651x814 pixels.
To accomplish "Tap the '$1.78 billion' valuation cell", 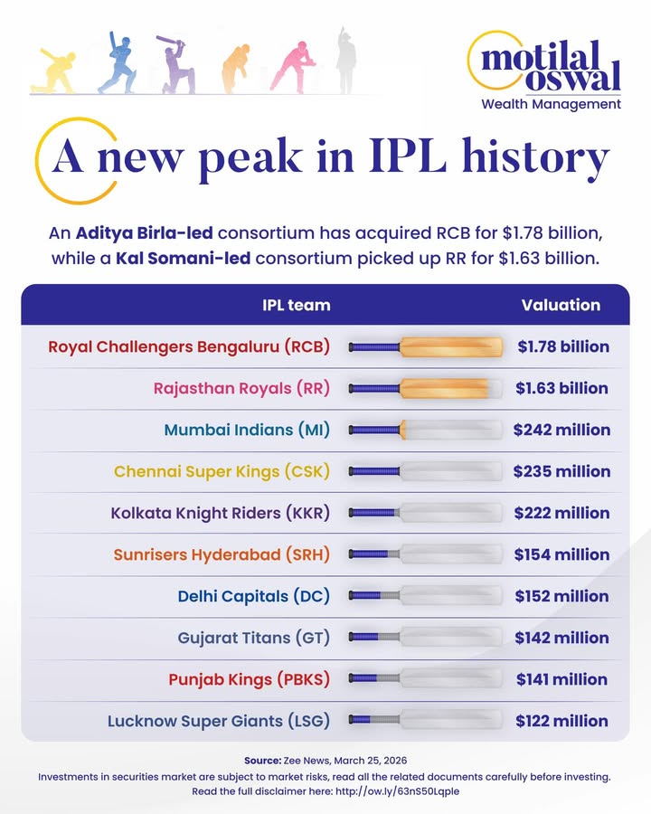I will point(562,346).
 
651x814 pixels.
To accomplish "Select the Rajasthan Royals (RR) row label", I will point(241,388).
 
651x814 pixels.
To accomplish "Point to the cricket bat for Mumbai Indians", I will point(425,430).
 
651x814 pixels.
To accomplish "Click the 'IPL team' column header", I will point(296,305).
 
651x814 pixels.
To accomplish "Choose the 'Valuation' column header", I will point(561,305).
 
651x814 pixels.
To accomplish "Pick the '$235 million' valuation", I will point(561,471).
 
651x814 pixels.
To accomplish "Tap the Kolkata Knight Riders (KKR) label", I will point(220,513).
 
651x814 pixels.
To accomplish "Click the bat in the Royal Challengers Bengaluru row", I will point(425,346).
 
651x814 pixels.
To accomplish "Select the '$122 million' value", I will point(561,721).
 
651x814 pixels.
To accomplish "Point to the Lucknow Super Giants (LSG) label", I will point(218,721).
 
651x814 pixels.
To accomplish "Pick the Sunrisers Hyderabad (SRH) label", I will point(222,554).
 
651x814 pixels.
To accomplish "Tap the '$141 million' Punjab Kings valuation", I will point(561,679).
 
